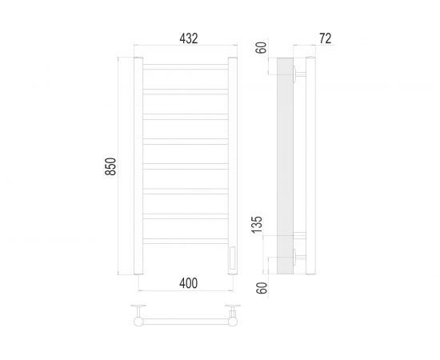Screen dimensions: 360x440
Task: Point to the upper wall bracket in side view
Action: [x=297, y=74]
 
